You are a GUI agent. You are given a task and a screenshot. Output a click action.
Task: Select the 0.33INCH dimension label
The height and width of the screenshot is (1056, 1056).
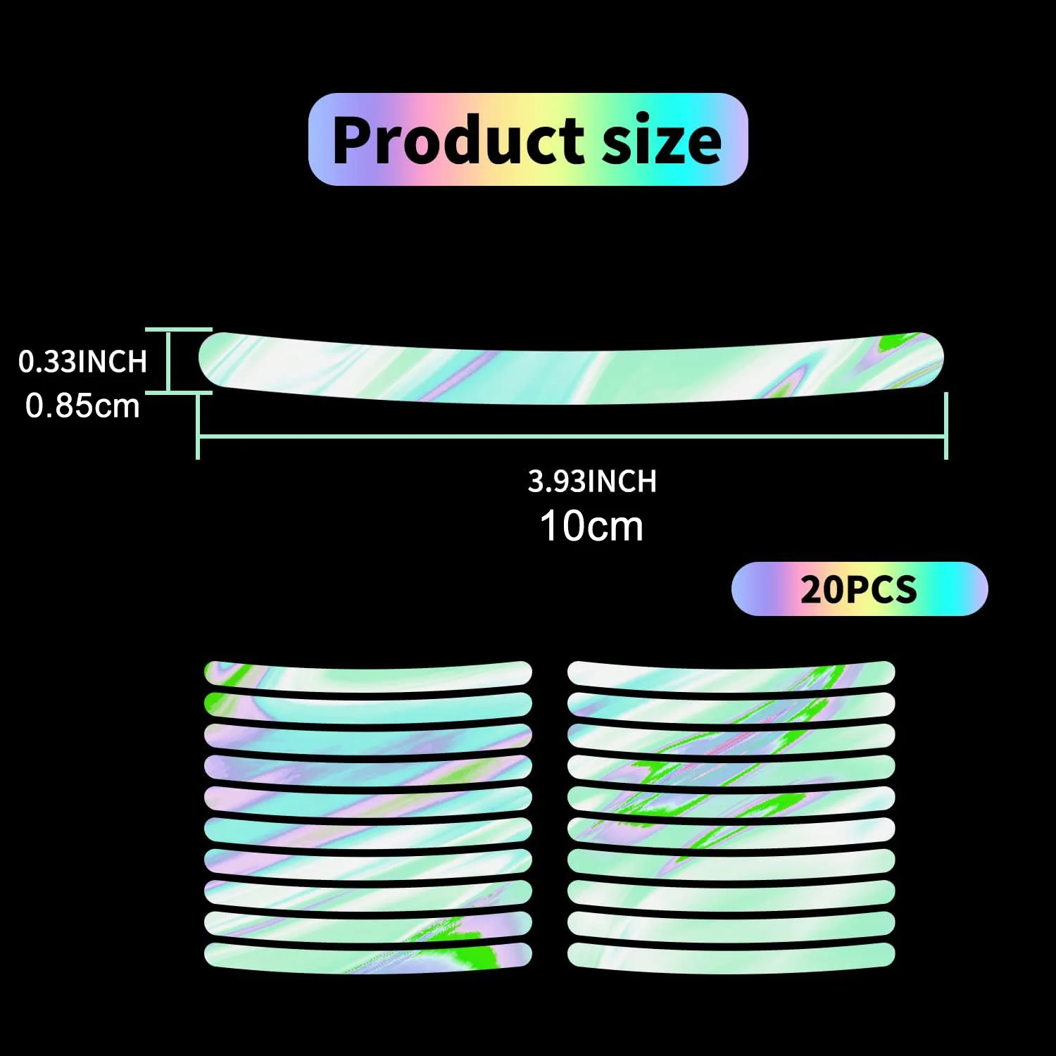[x=83, y=361]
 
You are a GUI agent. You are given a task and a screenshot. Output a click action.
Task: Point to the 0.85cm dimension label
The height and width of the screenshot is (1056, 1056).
[x=82, y=406]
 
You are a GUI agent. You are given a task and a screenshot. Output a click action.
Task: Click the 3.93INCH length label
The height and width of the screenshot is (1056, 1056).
[x=592, y=482]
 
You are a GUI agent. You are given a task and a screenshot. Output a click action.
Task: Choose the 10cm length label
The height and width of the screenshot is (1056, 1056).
[x=591, y=526]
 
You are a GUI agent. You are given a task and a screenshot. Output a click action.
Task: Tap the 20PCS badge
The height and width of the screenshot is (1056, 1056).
[x=859, y=589]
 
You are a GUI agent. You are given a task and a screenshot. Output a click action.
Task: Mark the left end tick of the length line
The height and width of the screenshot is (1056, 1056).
[x=198, y=427]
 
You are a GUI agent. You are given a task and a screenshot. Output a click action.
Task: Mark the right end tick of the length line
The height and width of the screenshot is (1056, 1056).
[x=945, y=427]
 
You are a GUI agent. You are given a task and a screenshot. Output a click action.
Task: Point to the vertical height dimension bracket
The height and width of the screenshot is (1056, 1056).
[x=169, y=360]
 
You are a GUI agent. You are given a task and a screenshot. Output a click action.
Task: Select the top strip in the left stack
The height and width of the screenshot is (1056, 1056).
[x=367, y=674]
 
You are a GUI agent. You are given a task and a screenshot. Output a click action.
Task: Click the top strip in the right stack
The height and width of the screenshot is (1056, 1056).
[x=731, y=674]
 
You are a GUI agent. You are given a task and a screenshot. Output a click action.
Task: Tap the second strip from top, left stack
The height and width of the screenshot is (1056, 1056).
[x=367, y=705]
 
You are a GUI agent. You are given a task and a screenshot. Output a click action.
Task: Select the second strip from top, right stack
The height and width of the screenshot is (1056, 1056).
[x=731, y=705]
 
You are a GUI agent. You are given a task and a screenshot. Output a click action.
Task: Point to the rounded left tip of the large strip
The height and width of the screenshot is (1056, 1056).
[x=206, y=359]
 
